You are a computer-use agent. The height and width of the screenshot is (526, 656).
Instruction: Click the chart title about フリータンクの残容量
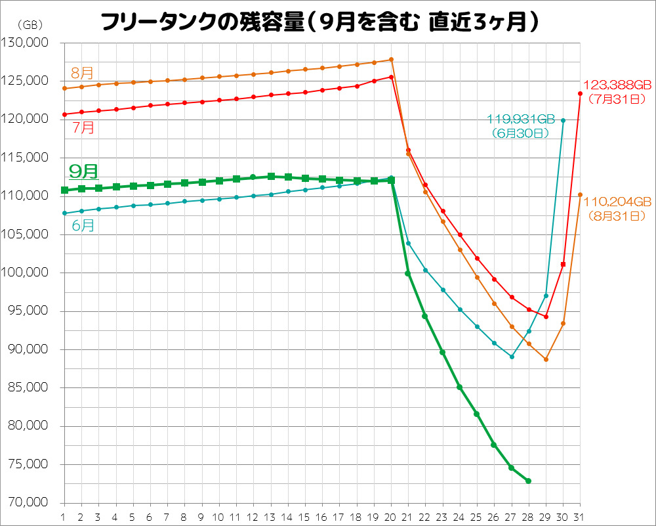321,23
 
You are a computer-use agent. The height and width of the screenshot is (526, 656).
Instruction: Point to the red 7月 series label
83,127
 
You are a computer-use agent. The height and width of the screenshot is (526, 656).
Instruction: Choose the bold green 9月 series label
83,172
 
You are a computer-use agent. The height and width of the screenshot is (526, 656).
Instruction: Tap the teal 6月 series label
83,225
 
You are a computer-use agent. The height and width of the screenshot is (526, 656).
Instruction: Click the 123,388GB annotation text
617,86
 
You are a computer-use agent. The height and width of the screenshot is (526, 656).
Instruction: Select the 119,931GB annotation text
521,120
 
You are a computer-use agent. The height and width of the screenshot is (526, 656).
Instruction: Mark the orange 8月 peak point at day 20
391,60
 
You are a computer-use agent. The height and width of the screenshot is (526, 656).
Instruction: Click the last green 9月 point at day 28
528,481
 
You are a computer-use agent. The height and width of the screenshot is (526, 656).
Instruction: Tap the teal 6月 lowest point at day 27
512,357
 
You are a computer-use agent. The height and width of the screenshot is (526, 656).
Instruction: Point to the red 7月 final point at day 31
580,93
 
